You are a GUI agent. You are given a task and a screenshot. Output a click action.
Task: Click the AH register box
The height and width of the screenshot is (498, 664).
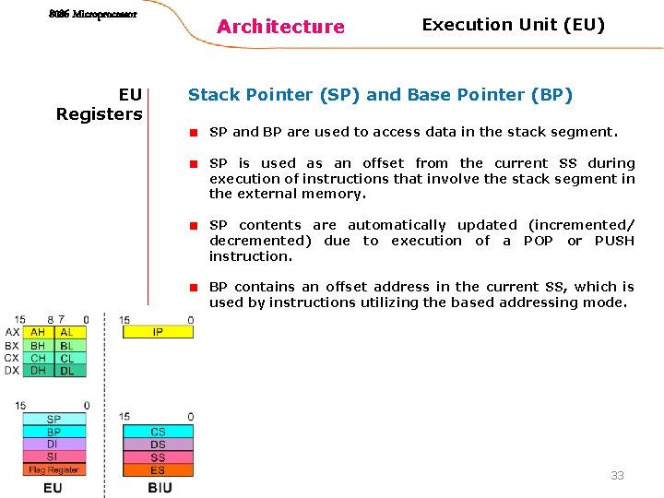[38, 332]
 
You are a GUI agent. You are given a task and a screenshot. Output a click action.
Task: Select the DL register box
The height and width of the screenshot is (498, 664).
[66, 371]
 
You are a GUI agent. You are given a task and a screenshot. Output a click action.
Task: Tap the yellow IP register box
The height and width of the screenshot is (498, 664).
[158, 332]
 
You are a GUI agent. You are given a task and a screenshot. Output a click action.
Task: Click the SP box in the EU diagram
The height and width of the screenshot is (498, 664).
[53, 420]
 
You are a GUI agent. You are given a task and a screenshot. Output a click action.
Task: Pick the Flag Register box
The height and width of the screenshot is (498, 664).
[53, 470]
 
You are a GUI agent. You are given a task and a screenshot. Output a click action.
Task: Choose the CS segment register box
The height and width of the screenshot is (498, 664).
[158, 432]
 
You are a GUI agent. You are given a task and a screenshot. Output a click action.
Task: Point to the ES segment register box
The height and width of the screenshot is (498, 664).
[158, 470]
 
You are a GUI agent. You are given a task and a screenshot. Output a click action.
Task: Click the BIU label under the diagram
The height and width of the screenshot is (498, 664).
[160, 487]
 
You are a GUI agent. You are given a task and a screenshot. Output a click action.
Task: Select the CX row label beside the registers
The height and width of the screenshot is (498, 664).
[11, 358]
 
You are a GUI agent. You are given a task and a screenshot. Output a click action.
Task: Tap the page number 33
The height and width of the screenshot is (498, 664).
[617, 476]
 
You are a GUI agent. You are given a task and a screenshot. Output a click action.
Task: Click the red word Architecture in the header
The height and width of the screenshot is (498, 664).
[280, 27]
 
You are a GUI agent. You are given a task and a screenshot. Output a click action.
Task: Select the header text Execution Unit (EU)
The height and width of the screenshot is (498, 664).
[513, 25]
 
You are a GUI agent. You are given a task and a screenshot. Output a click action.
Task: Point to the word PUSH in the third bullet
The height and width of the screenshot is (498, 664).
[614, 241]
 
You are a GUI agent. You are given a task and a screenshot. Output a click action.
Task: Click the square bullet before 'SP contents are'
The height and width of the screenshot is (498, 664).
[195, 226]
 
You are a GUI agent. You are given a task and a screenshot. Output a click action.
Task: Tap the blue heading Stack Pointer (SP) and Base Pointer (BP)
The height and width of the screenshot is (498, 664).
[380, 94]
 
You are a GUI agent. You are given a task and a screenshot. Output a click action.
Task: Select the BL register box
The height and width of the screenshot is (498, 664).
[66, 345]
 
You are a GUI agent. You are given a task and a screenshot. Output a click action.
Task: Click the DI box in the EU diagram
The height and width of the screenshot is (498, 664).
[53, 445]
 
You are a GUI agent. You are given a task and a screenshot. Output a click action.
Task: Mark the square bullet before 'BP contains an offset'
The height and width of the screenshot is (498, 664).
[195, 288]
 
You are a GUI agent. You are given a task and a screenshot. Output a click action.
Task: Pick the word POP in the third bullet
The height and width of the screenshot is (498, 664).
[539, 241]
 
